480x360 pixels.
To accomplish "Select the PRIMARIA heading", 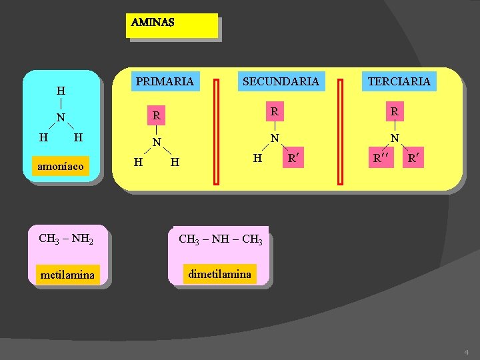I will pyautogui.click(x=165, y=82).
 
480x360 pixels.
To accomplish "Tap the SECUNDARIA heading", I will pyautogui.click(x=281, y=82).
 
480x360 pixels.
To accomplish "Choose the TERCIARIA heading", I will pyautogui.click(x=399, y=81).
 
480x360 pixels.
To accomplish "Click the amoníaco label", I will pyautogui.click(x=61, y=166).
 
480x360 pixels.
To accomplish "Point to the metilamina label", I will pyautogui.click(x=67, y=274).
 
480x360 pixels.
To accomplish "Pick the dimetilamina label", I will pyautogui.click(x=220, y=274).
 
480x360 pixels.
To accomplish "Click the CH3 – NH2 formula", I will pyautogui.click(x=65, y=238).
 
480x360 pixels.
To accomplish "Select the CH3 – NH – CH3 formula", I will pyautogui.click(x=220, y=239).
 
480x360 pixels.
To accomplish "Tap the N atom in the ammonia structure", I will pyautogui.click(x=61, y=118).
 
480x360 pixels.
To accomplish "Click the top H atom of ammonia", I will pyautogui.click(x=61, y=91).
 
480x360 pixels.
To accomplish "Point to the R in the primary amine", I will pyautogui.click(x=156, y=116).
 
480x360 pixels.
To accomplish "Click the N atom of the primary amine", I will pyautogui.click(x=156, y=142).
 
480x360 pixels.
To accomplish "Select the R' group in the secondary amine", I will pyautogui.click(x=291, y=159).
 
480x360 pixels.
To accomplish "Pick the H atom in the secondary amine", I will pyautogui.click(x=257, y=158).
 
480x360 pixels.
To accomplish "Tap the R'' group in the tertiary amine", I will pyautogui.click(x=380, y=159).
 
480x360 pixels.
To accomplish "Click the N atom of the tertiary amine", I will pyautogui.click(x=395, y=139).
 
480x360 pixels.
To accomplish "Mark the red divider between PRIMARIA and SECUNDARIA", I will pyautogui.click(x=217, y=131).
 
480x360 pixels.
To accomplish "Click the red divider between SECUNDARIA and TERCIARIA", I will pyautogui.click(x=341, y=131).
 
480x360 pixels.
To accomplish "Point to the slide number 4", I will pyautogui.click(x=467, y=351).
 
